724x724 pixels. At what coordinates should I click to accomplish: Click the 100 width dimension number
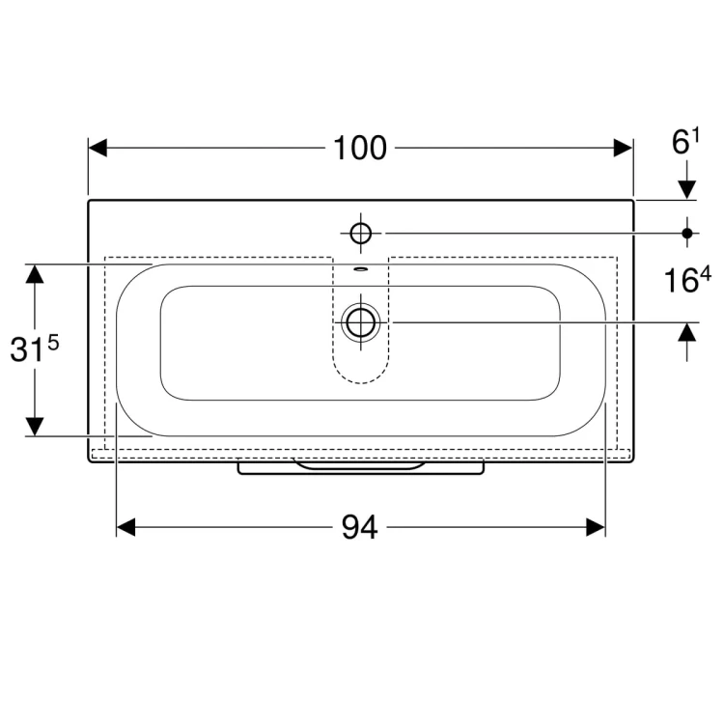[360, 149]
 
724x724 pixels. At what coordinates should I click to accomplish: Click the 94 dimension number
[360, 527]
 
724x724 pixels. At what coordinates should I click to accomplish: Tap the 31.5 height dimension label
[35, 348]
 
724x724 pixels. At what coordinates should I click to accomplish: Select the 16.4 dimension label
[687, 280]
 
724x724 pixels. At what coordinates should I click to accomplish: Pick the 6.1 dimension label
[685, 142]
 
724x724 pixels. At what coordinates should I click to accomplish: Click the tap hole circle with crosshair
[361, 234]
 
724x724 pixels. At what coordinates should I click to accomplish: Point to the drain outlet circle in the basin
[361, 322]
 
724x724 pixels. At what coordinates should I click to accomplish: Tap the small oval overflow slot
[361, 268]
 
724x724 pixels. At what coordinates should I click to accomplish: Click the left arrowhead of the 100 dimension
[97, 148]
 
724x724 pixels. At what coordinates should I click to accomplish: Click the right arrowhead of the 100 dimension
[623, 148]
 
